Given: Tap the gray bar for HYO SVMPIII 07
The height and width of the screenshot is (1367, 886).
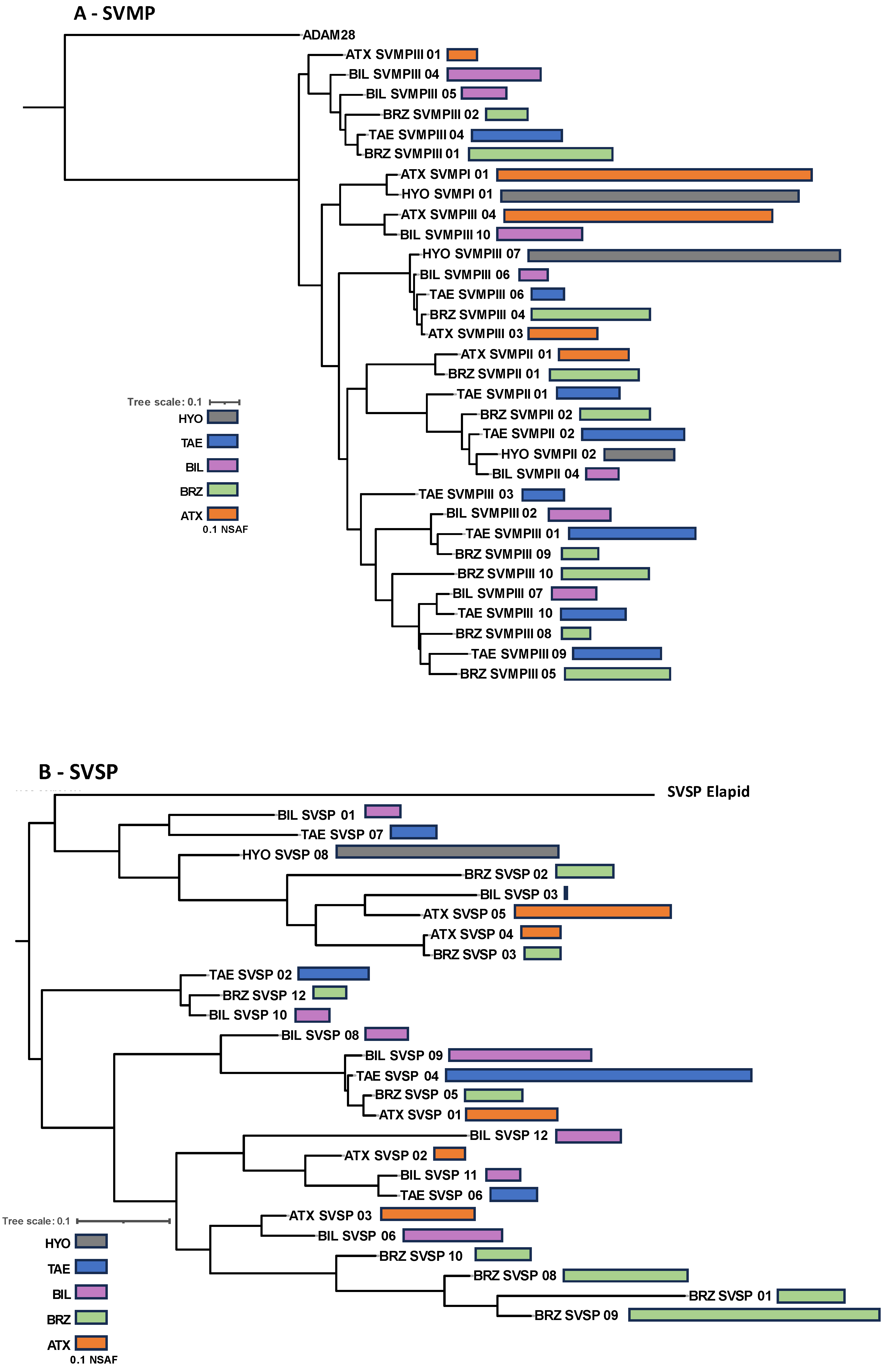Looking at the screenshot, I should tap(684, 255).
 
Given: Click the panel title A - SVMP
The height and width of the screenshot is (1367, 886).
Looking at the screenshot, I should tap(114, 13).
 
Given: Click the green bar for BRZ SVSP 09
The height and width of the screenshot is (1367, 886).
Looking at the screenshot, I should tap(754, 1314).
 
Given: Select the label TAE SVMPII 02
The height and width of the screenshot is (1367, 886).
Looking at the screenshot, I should tap(528, 434).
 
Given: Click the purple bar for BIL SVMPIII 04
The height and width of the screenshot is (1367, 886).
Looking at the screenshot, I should tap(493, 74).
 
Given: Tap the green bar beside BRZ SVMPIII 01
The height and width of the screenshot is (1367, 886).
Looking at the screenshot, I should tap(540, 154).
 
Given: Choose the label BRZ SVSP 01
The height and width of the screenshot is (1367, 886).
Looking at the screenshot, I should tap(730, 1296).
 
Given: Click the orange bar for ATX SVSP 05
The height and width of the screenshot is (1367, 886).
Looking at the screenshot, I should tap(592, 912).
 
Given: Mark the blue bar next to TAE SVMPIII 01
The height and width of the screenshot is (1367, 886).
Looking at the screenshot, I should tap(632, 534).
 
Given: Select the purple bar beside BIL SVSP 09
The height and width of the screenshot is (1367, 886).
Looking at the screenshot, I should tap(520, 1055).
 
